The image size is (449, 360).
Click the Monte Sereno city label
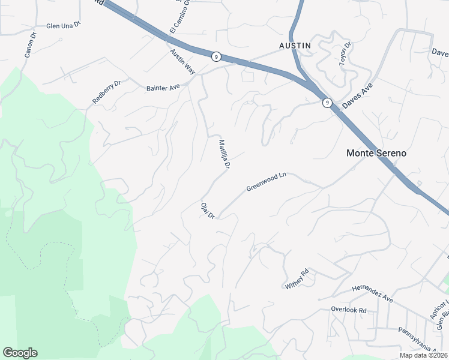[376, 153]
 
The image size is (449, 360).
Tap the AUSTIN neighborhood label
[295, 46]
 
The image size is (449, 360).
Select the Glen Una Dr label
[63, 26]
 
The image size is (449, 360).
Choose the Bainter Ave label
[163, 88]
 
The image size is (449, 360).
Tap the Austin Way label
[182, 62]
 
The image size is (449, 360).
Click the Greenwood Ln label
[267, 182]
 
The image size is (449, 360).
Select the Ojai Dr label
[208, 209]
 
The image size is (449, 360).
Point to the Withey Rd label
[297, 280]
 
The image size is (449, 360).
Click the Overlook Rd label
[348, 310]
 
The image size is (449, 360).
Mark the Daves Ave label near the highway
[358, 96]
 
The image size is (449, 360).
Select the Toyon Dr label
[345, 53]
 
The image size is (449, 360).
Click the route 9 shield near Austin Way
[216, 56]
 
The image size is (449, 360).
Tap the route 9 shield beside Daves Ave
[327, 103]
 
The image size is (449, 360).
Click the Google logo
[20, 353]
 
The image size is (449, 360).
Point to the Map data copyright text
[424, 355]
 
